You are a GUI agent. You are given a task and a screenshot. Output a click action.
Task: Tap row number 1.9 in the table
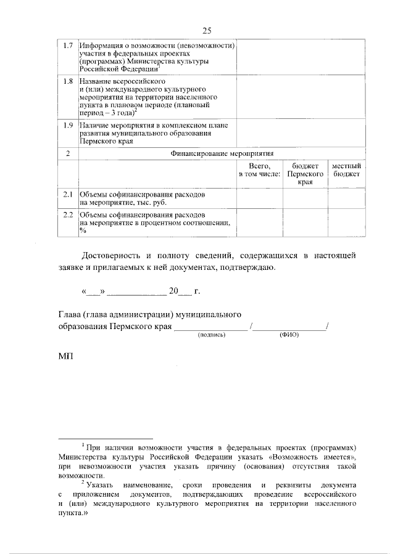[69, 126]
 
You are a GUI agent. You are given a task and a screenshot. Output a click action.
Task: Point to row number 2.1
[69, 194]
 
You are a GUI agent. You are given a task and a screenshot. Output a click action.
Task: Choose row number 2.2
[69, 214]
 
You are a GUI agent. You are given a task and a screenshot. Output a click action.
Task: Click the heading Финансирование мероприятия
[222, 153]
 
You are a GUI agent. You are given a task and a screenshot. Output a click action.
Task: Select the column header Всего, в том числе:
[260, 170]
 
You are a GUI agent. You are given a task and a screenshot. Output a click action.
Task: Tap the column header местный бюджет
[346, 170]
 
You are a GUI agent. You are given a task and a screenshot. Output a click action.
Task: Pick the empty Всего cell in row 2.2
[260, 222]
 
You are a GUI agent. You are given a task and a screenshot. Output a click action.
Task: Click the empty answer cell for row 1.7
[300, 59]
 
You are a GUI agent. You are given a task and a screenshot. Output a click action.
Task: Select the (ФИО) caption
[289, 335]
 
